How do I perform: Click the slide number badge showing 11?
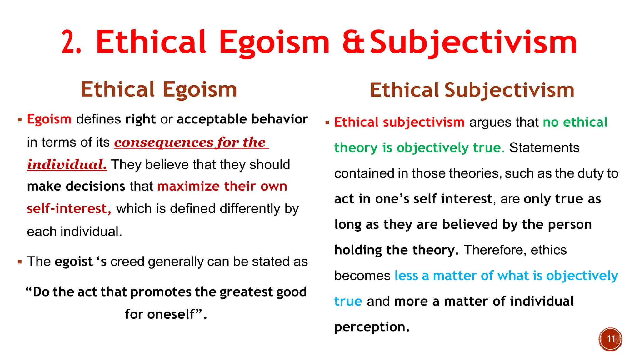(x=611, y=339)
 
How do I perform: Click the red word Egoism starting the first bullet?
(x=49, y=119)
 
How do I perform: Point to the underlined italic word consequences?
(x=164, y=142)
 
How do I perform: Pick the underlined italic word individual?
(x=67, y=165)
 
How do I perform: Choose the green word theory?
(x=356, y=148)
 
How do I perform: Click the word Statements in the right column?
(x=544, y=148)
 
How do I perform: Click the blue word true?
(x=348, y=302)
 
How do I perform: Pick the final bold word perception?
(x=372, y=327)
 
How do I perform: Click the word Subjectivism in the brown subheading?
(x=509, y=90)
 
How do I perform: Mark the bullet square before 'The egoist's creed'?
(x=20, y=262)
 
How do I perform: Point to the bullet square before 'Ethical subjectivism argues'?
(x=327, y=122)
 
